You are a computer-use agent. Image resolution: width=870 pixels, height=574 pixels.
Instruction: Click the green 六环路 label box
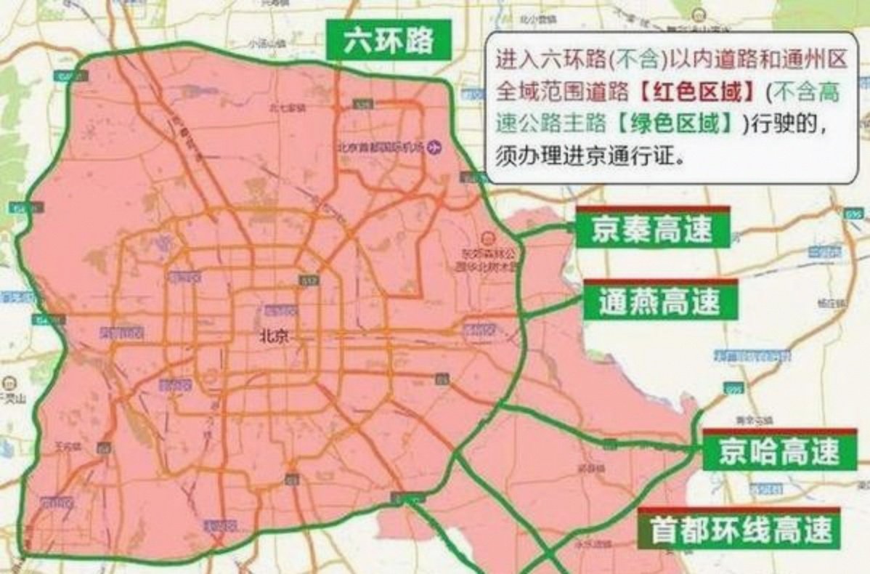pyautogui.click(x=389, y=41)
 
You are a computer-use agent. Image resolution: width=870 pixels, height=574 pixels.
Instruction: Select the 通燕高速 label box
pyautogui.click(x=659, y=301)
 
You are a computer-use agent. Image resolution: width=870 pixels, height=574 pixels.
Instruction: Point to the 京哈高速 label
pyautogui.click(x=779, y=451)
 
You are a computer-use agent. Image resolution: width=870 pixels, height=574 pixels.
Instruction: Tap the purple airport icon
pyautogui.click(x=435, y=146)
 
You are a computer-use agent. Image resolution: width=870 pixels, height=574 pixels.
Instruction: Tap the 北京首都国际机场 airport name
pyautogui.click(x=381, y=146)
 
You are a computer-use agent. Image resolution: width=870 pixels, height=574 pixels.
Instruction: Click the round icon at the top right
pyautogui.click(x=698, y=14)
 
